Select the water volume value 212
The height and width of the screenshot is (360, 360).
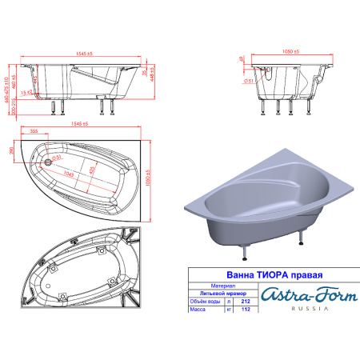(244, 301)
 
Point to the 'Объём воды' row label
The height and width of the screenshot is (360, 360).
(202, 301)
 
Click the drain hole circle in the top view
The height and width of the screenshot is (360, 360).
(50, 162)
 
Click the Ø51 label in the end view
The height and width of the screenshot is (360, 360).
(249, 81)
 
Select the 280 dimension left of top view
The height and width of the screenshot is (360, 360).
(10, 152)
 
